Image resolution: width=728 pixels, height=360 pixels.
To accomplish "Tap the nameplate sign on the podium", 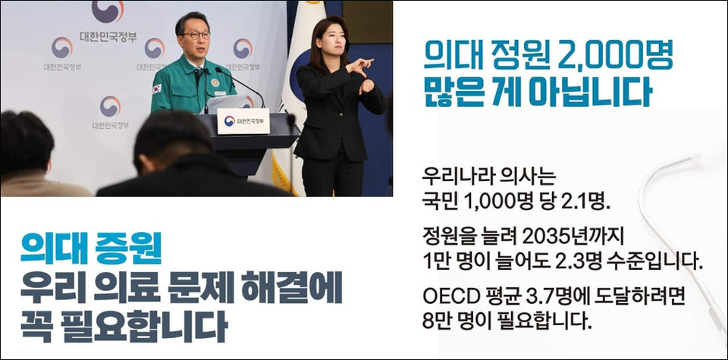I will [243, 121].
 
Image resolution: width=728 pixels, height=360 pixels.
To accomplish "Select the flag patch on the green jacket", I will [158, 88].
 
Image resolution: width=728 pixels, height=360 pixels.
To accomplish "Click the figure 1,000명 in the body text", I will [505, 202].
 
